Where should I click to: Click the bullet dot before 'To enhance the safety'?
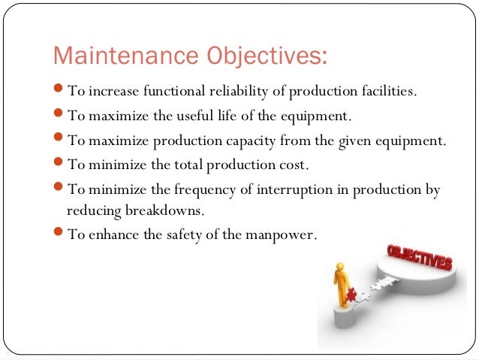coord(59,233)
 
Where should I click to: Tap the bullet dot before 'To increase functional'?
coord(59,92)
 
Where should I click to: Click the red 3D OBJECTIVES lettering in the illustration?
coord(418,257)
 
